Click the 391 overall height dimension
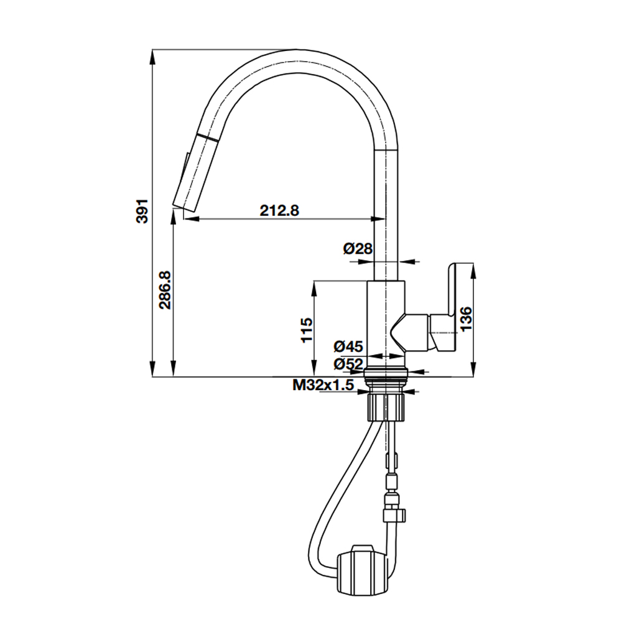(x=142, y=212)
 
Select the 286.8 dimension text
(x=164, y=289)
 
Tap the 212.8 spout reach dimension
(x=279, y=210)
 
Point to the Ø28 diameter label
(x=358, y=249)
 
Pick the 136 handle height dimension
(x=465, y=318)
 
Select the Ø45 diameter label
(x=348, y=346)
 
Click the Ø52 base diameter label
(x=348, y=364)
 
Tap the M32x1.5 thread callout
(x=323, y=386)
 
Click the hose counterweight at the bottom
(x=364, y=570)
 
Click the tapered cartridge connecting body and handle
(x=411, y=331)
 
